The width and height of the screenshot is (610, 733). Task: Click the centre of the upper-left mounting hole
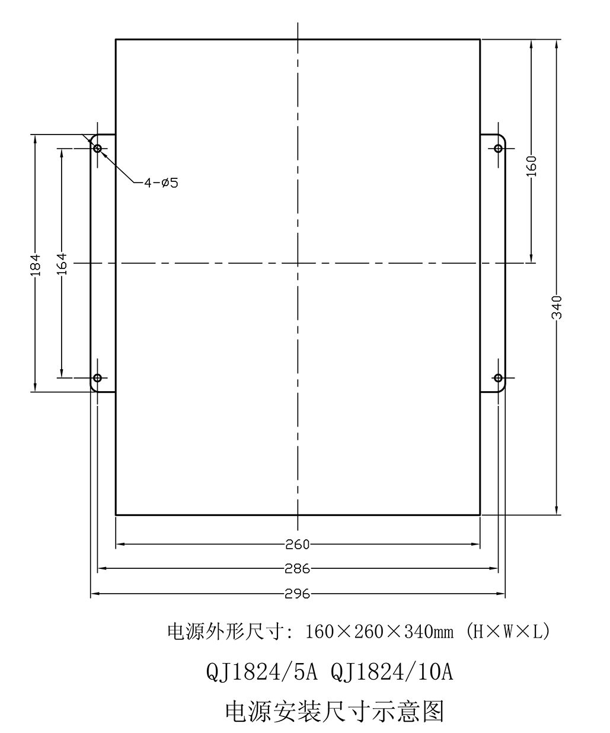pyautogui.click(x=97, y=149)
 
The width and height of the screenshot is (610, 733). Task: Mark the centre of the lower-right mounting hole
pyautogui.click(x=498, y=377)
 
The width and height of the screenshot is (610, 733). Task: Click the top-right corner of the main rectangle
pyautogui.click(x=480, y=39)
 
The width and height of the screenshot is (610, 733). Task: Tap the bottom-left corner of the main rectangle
pyautogui.click(x=116, y=516)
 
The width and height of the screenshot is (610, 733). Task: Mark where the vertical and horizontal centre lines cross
pyautogui.click(x=298, y=263)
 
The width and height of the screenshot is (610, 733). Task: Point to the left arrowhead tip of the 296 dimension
pyautogui.click(x=91, y=594)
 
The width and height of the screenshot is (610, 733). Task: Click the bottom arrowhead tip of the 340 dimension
pyautogui.click(x=557, y=515)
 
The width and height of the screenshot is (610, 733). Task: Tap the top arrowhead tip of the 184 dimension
pyautogui.click(x=35, y=135)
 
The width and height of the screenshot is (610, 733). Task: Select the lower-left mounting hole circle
pyautogui.click(x=97, y=377)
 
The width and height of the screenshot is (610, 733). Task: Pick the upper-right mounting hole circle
pyautogui.click(x=498, y=149)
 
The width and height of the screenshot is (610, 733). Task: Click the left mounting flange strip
pyautogui.click(x=103, y=263)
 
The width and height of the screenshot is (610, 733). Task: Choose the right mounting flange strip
pyautogui.click(x=493, y=263)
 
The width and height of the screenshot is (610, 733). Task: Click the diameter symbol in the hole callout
pyautogui.click(x=165, y=183)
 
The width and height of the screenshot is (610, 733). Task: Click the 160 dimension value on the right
pyautogui.click(x=532, y=166)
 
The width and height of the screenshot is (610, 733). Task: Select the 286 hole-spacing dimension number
pyautogui.click(x=298, y=569)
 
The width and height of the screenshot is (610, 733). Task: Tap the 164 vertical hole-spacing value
pyautogui.click(x=62, y=263)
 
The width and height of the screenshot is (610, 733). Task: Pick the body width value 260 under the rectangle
pyautogui.click(x=298, y=545)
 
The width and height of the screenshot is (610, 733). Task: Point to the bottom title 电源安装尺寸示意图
pyautogui.click(x=335, y=711)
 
